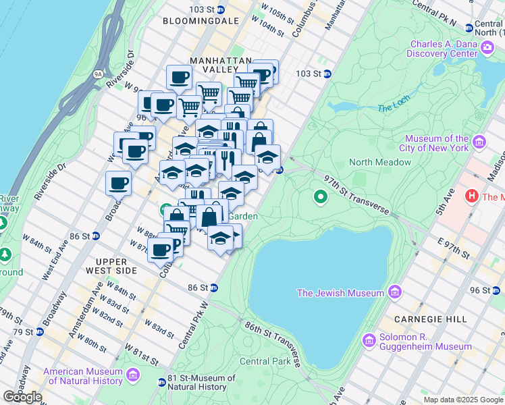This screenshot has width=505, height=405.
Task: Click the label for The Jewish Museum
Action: tap(340, 293)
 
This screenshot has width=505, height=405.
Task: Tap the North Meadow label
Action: tap(380, 162)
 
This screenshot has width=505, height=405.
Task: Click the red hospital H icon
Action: tap(473, 196)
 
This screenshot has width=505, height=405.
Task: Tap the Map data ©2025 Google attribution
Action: tap(463, 400)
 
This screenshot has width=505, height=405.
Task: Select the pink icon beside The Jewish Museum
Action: tap(395, 293)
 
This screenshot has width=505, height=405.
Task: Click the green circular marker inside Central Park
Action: tap(321, 198)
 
